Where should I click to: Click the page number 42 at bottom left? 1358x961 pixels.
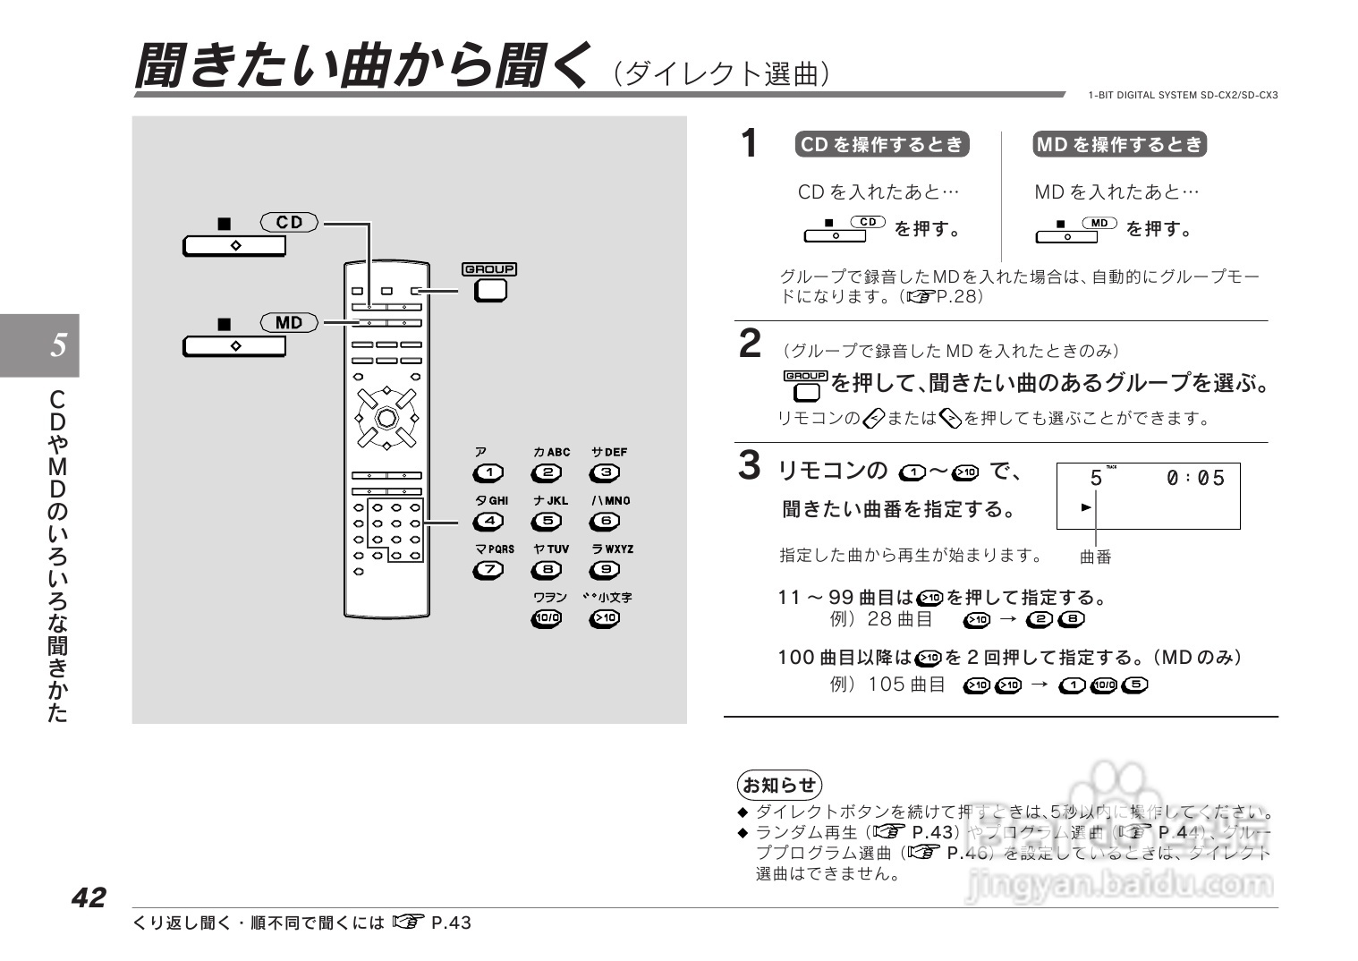point(89,897)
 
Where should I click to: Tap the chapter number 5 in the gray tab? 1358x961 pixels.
point(58,344)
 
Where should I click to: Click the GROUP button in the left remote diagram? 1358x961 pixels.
point(489,290)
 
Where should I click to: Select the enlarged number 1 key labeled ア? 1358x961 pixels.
point(488,472)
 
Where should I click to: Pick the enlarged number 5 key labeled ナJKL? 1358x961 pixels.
point(547,521)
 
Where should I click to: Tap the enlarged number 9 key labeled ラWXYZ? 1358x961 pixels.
point(605,569)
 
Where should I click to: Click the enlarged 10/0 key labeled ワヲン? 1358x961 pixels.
point(547,617)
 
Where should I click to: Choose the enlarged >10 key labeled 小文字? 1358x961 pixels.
point(605,617)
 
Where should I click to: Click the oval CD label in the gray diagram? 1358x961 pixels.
point(289,222)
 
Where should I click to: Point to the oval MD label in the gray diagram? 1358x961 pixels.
point(289,322)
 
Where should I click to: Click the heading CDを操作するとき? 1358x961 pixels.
point(881,145)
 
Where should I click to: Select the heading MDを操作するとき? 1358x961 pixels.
point(1119,145)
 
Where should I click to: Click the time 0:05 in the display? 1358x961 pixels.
point(1195,479)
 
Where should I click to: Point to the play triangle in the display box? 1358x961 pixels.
point(1086,507)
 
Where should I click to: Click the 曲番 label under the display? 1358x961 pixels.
point(1095,557)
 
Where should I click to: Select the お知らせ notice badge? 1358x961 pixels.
point(779,785)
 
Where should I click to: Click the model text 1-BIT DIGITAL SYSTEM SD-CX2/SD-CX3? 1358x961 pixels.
point(1183,95)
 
